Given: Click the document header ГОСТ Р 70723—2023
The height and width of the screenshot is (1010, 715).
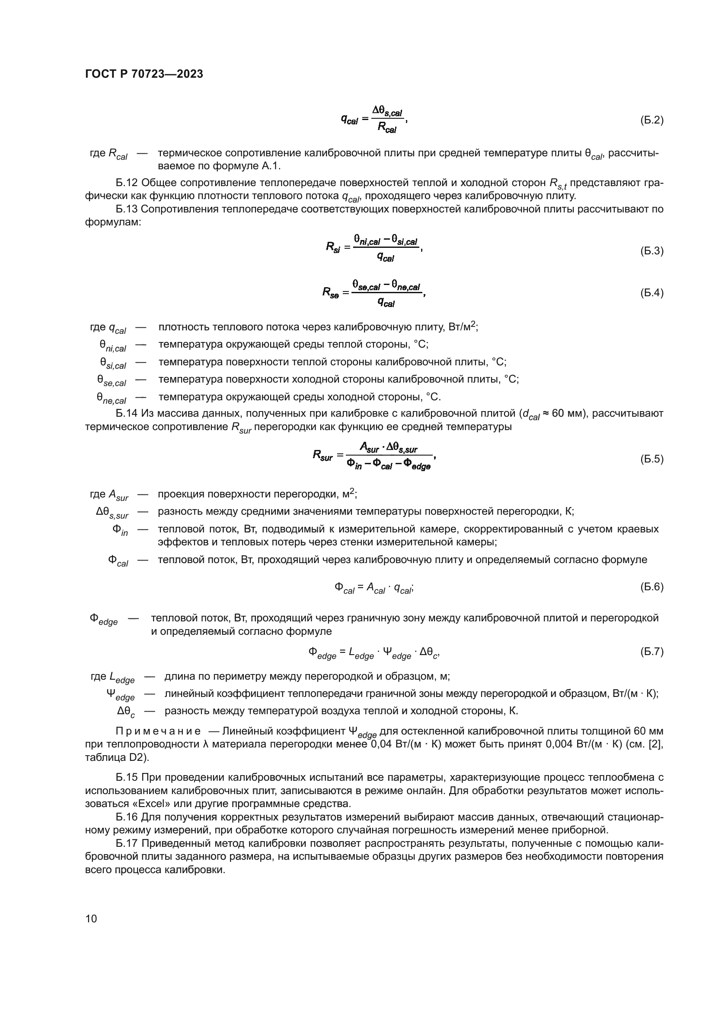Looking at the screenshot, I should [144, 74].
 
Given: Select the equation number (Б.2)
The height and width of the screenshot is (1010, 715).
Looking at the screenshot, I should [651, 120].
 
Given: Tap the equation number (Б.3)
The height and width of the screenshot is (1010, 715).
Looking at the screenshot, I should [651, 251].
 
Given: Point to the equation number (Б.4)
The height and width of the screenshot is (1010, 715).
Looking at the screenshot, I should [651, 293].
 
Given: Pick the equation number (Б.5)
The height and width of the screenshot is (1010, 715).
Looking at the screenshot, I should [651, 459].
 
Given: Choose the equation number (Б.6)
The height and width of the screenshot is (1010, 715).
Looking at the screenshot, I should [651, 587].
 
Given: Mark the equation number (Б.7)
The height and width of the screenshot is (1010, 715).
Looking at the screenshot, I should [651, 652].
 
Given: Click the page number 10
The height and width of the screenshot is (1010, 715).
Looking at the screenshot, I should [91, 918].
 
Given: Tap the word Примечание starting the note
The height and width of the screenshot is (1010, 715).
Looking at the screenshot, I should [158, 731].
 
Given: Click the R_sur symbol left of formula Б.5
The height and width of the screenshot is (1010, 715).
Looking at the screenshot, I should [323, 455].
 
